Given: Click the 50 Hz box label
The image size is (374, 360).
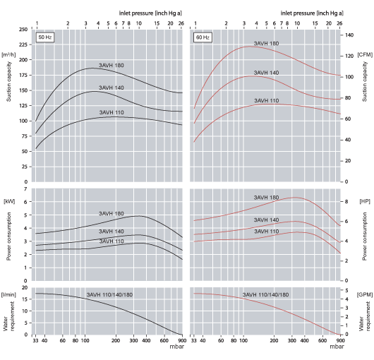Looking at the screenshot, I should coord(44,36).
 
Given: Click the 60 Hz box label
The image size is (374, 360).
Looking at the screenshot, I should coord(203,36).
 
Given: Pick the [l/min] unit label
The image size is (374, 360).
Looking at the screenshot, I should coord(10,293).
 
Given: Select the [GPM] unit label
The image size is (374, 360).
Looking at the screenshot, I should coord(365,293).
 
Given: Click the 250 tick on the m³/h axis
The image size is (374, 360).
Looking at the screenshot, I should coord(23,30).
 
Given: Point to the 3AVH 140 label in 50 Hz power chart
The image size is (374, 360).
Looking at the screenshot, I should coord(110,231).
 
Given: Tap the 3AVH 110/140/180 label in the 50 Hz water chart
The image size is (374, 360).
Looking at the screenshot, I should coord(109,294).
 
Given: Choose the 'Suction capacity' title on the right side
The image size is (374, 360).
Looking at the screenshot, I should coord(365,81).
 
